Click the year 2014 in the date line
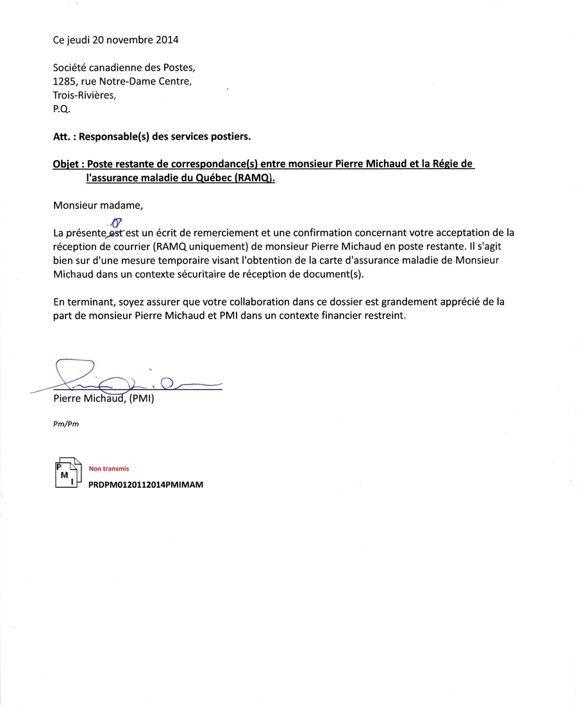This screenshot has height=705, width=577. coord(166,40)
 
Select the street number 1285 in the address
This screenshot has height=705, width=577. coord(64,81)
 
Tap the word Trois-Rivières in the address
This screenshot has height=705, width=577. coord(85,95)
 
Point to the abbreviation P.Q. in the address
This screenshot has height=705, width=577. coord(62,109)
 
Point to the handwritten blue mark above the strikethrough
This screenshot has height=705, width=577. coord(117,222)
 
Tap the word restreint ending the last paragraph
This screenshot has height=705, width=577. coord(384,316)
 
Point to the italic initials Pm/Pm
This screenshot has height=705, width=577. coord(66,424)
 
